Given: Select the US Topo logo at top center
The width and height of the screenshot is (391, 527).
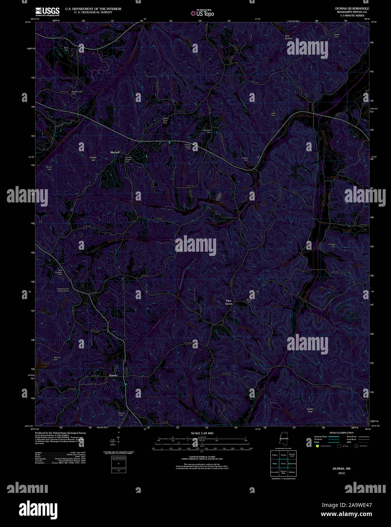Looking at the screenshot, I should point(203,13).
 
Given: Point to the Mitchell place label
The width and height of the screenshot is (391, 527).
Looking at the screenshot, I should point(115,152).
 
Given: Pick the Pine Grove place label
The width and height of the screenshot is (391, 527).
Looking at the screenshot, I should point(229,303).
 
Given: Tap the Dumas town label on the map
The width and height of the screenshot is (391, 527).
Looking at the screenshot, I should point(113,375).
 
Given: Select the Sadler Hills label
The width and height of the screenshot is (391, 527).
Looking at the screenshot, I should point(310,410).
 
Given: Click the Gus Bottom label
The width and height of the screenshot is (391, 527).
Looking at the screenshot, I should point(289,37).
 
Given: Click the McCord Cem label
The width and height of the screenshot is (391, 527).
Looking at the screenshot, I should point(57,359).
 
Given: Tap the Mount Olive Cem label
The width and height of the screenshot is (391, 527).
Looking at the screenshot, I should point(166,121).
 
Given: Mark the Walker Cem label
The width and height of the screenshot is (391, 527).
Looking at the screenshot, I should point(245,158).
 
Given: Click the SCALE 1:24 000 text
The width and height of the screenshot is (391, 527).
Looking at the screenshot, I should point(202,433).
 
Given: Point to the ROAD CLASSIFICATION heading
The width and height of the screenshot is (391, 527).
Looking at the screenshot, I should point(341,433).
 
